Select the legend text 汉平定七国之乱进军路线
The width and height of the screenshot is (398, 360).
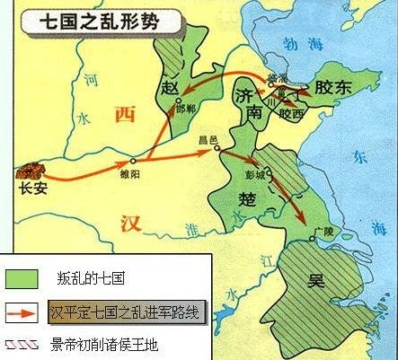coord(128,312)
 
